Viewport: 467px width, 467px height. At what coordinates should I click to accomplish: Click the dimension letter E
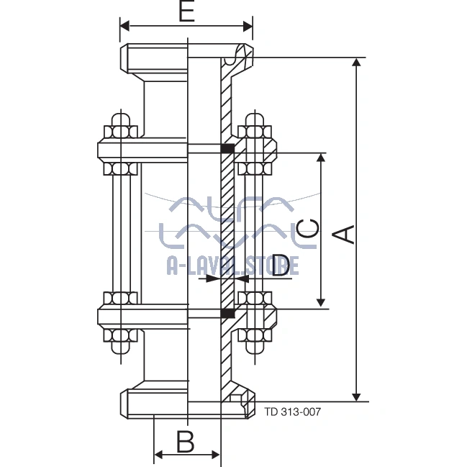point(186,12)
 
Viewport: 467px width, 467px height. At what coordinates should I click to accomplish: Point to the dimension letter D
point(284,265)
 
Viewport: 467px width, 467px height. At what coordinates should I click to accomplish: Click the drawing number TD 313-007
point(292,412)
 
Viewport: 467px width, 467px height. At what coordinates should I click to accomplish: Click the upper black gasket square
point(227,149)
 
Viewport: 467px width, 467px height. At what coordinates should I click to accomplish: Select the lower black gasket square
point(227,313)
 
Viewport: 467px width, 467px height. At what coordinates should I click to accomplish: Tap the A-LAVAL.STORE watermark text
point(232,266)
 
